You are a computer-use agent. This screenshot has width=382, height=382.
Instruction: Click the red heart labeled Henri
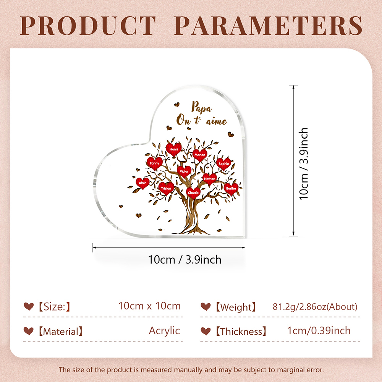[x=173, y=149]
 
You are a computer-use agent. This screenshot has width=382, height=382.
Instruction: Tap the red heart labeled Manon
[x=200, y=155]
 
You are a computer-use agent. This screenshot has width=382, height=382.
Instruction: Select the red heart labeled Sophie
[x=223, y=164]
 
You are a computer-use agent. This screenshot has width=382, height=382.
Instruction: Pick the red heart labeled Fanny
[x=154, y=163]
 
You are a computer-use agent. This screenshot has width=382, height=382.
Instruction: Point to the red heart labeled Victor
[x=184, y=172]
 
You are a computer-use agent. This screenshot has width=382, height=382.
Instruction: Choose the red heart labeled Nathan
[x=209, y=179]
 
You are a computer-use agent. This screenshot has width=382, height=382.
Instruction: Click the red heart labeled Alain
[x=142, y=183]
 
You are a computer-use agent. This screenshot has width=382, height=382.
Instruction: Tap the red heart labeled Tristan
[x=166, y=189]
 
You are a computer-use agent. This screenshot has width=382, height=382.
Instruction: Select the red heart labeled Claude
[x=193, y=193]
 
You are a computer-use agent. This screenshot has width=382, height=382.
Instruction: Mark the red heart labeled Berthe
[x=231, y=189]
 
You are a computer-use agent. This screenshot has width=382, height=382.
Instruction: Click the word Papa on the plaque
[x=201, y=107]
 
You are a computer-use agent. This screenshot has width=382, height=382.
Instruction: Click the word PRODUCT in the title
[x=88, y=26]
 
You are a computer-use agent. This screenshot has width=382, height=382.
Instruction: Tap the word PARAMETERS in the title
[x=269, y=26]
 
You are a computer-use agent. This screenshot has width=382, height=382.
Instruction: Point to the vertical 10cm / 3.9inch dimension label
[x=304, y=164]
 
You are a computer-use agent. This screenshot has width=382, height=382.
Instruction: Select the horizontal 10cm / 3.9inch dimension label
[x=185, y=260]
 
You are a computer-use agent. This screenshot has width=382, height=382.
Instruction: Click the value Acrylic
[x=164, y=331]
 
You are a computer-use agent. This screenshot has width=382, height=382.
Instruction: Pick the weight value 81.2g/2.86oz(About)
[x=315, y=307]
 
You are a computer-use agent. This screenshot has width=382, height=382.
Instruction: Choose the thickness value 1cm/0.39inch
[x=319, y=331]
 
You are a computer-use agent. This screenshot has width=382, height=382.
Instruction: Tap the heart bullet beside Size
[x=29, y=306]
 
